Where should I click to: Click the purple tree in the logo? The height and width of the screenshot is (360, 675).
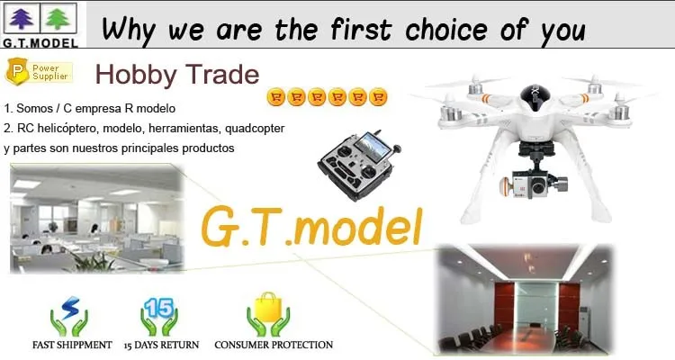[x=21, y=19]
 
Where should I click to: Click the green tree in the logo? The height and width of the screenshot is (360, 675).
[x=58, y=19]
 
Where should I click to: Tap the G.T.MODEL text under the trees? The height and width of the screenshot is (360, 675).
[x=40, y=42]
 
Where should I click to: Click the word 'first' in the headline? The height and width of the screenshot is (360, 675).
[x=361, y=30]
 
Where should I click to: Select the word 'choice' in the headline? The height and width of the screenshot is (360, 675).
[x=446, y=30]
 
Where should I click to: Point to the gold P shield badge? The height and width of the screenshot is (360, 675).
[x=17, y=71]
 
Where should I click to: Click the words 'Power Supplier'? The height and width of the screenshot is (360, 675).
[x=50, y=72]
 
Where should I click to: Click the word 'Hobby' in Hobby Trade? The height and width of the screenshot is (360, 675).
[x=136, y=75]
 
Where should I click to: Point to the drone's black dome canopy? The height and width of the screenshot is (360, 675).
[x=535, y=96]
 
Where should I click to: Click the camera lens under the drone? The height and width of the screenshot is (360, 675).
[x=537, y=186]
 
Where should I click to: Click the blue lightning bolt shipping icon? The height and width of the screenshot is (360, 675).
[x=69, y=307]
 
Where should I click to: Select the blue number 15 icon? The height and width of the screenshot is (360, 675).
[x=158, y=308]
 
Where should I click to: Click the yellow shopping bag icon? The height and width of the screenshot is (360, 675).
[x=268, y=307]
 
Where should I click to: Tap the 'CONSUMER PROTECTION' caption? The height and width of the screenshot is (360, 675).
[x=274, y=345]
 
